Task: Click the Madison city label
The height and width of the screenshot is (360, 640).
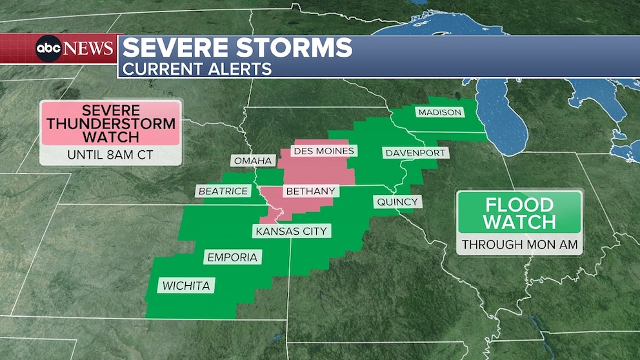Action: click(439, 112)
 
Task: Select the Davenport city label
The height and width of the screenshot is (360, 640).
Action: click(415, 153)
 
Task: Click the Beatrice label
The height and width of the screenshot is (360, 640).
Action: click(223, 191)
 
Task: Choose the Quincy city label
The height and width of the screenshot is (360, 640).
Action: click(397, 202)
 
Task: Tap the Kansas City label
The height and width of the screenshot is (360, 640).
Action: click(291, 231)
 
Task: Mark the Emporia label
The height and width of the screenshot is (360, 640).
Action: click(232, 257)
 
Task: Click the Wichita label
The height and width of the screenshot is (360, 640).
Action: click(186, 285)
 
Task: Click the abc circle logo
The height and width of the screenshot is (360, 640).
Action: click(48, 49)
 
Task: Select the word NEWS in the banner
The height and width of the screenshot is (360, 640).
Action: click(89, 49)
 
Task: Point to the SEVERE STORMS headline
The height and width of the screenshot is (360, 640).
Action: click(237, 48)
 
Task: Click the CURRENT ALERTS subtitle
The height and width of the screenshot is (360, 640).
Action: click(197, 68)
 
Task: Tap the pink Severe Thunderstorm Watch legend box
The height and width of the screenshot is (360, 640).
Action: click(110, 123)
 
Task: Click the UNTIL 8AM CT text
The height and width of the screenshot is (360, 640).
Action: click(110, 155)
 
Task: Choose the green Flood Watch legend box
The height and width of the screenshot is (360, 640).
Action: click(519, 214)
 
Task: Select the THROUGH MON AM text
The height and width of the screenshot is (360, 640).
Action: click(519, 245)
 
